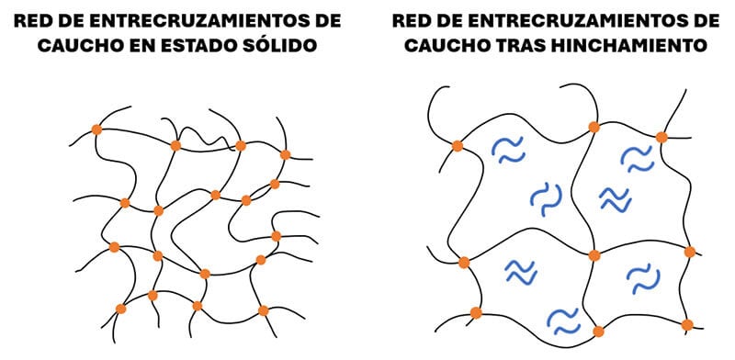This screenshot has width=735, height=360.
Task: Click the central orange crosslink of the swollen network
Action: click(x=594, y=254)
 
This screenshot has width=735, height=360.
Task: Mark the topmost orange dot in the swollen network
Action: click(x=594, y=126)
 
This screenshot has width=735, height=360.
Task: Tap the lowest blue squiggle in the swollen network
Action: click(x=561, y=320)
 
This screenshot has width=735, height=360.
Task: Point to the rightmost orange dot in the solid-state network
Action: click(x=286, y=153)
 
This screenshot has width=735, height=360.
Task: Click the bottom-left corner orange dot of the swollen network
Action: click(x=476, y=313)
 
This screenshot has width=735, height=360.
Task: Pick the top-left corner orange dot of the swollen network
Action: click(x=457, y=145)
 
